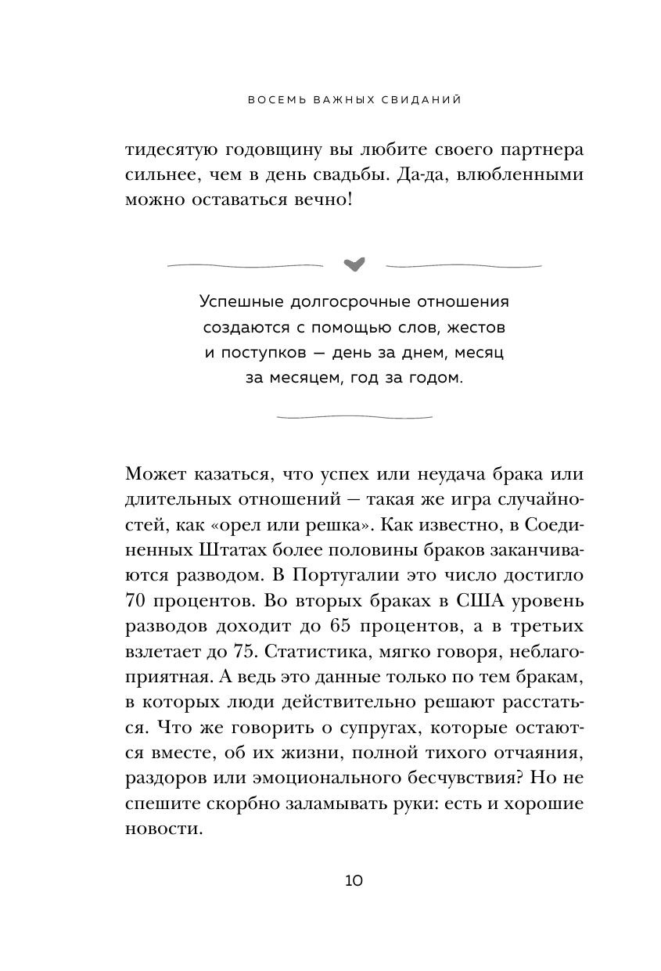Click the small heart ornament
(x=354, y=264)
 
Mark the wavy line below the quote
(x=354, y=416)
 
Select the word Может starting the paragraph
(x=153, y=477)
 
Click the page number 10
(x=354, y=881)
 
